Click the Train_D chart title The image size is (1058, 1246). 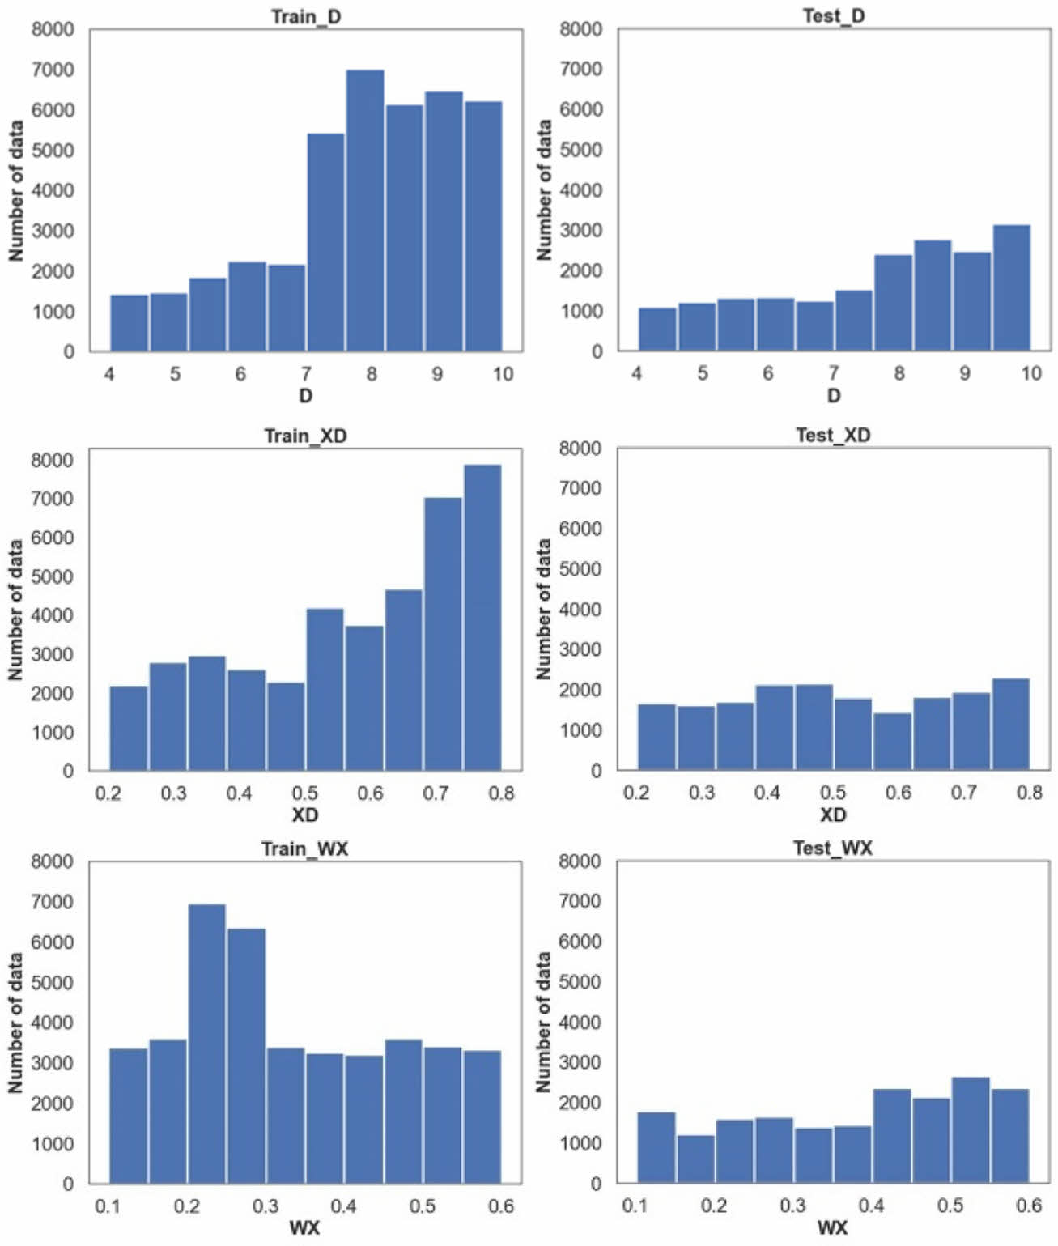[x=306, y=16]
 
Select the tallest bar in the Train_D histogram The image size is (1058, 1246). [x=365, y=211]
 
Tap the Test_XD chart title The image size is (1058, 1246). [x=833, y=436]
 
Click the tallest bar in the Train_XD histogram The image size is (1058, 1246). [x=482, y=617]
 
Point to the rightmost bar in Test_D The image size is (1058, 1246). [x=1011, y=288]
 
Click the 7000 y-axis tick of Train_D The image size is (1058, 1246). [x=53, y=70]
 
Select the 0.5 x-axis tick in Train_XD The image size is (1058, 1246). [x=305, y=793]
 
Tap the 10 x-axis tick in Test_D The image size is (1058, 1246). [x=1030, y=373]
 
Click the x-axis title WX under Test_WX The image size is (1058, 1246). [x=832, y=1228]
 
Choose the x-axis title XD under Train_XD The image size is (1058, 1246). [x=305, y=814]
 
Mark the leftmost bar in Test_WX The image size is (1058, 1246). [x=656, y=1148]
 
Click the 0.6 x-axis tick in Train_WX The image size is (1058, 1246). [x=501, y=1206]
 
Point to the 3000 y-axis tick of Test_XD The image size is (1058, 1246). [x=580, y=649]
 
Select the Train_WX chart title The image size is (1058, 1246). [x=304, y=848]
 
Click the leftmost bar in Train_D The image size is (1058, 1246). [x=130, y=323]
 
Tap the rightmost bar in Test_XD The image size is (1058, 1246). [x=1010, y=724]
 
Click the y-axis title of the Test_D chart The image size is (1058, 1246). [x=545, y=190]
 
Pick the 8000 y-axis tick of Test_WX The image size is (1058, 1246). [x=580, y=861]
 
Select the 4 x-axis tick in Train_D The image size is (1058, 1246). [x=109, y=373]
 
